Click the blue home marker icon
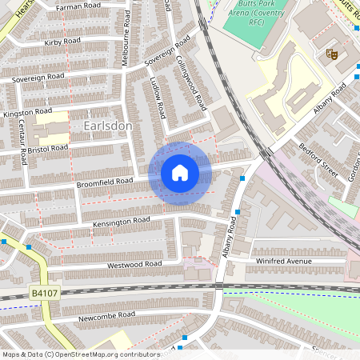pyautogui.click(x=180, y=173)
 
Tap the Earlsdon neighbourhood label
pyautogui.click(x=107, y=126)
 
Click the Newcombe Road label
pyautogui.click(x=107, y=316)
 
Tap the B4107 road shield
pyautogui.click(x=44, y=294)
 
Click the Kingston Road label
pyautogui.click(x=27, y=114)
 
